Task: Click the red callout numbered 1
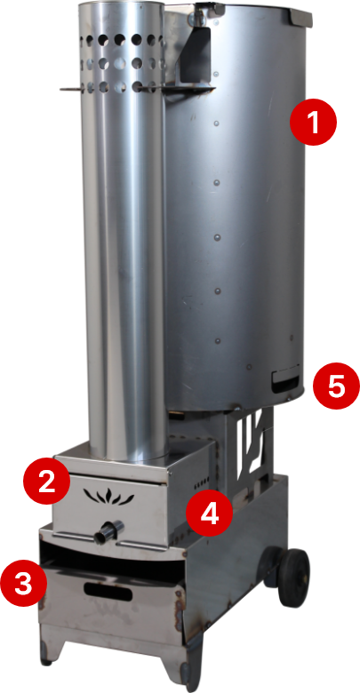(x=313, y=122)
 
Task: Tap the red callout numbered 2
(x=46, y=482)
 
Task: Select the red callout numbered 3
(x=23, y=585)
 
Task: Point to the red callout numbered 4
(x=209, y=514)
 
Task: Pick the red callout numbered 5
(x=336, y=386)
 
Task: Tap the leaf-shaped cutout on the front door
(x=108, y=497)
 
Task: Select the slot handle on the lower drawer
(x=108, y=592)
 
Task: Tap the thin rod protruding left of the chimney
(x=71, y=89)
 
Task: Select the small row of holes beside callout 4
(x=202, y=482)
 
